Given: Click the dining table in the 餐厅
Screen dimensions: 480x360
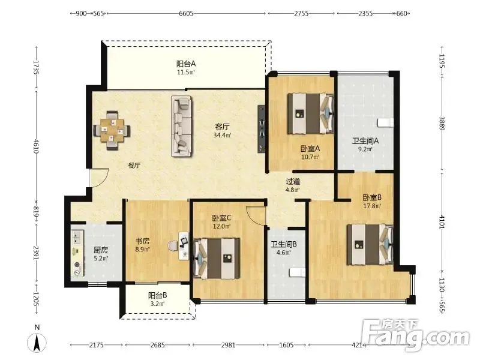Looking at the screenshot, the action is [x=112, y=130].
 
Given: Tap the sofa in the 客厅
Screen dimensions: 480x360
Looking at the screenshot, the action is [x=182, y=126].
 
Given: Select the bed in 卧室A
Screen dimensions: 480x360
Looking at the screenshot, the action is [x=310, y=114].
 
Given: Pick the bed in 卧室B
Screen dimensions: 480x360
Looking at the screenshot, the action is [x=370, y=245].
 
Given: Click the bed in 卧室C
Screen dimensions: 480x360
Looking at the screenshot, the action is [x=217, y=259].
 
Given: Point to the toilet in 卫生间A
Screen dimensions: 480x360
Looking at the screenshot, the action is [x=385, y=122].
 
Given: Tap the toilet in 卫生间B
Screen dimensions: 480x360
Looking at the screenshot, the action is [x=297, y=272].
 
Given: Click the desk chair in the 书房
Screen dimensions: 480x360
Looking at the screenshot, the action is [x=173, y=246].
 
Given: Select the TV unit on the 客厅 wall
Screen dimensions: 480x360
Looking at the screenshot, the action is [x=262, y=128].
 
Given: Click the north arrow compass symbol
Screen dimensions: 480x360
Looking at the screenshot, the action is [x=37, y=342].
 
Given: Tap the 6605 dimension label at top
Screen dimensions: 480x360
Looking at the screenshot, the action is [x=186, y=13].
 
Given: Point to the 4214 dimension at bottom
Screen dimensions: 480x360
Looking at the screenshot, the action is [x=359, y=346].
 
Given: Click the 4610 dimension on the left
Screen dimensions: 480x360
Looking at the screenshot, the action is [x=37, y=146].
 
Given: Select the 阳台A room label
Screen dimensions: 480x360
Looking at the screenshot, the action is [x=186, y=64].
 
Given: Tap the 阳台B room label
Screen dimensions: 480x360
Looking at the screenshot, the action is [x=157, y=295].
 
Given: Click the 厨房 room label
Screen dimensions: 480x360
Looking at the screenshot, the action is [x=101, y=250].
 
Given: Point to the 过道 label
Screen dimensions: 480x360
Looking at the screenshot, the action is [x=293, y=182].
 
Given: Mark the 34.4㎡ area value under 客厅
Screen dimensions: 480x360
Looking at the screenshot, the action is [x=222, y=135].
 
